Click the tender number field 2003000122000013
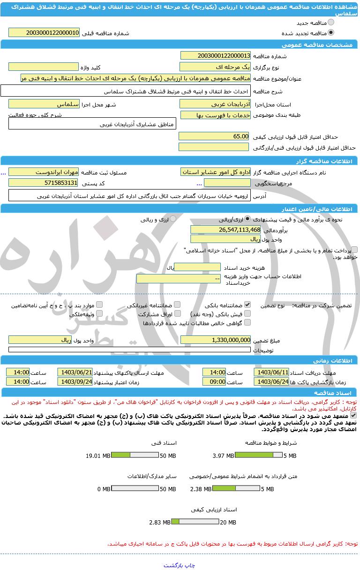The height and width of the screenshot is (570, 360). click(x=215, y=56)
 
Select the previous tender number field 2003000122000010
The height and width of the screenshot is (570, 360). click(x=44, y=33)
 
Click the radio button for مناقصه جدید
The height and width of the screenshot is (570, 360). click(x=331, y=23)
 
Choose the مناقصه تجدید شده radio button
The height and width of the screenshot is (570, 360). click(x=331, y=33)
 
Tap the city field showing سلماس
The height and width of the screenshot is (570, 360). click(x=44, y=104)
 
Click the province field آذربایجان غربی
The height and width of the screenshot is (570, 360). click(x=215, y=104)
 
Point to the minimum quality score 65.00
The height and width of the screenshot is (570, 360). click(x=214, y=136)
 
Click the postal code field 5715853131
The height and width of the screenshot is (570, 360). click(x=44, y=182)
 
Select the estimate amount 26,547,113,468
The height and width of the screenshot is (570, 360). click(x=225, y=229)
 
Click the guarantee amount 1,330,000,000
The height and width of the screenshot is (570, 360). click(x=215, y=340)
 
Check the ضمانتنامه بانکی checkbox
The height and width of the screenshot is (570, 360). click(x=247, y=305)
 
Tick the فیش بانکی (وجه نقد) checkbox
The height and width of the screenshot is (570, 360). click(x=247, y=314)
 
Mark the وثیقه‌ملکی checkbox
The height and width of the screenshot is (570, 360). click(x=99, y=314)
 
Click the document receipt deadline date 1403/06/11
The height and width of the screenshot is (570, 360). click(x=271, y=372)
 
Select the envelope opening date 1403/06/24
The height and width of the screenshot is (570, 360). click(x=271, y=382)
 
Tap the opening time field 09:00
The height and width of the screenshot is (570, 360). click(x=214, y=382)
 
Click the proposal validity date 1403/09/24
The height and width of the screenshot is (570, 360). click(x=75, y=382)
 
